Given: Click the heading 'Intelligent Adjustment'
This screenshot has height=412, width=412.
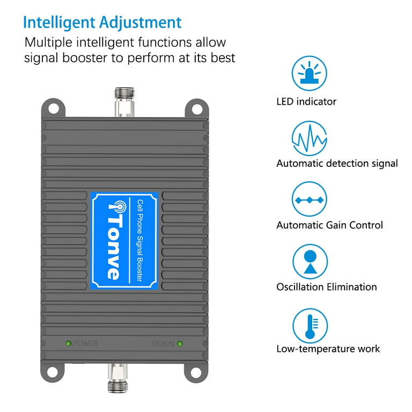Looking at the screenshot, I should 102,23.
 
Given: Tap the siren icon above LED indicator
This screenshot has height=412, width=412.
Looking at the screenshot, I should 310,73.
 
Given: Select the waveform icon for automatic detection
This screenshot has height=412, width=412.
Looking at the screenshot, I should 310,138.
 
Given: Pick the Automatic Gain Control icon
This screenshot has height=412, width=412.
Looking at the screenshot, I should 310,200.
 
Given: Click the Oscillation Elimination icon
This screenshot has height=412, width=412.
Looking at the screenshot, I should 310,261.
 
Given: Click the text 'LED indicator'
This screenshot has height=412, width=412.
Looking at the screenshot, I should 306,101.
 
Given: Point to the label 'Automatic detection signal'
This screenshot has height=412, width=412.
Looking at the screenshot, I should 337,164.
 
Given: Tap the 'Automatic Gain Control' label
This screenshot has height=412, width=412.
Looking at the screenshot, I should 329,225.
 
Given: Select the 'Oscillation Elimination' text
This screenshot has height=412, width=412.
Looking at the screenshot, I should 326,287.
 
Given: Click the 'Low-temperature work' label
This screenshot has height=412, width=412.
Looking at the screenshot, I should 328,349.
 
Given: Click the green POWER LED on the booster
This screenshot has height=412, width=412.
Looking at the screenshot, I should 68,343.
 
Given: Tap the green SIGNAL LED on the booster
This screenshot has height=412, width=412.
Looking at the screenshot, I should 179,343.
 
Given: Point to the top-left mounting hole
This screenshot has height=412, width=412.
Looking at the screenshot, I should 54,108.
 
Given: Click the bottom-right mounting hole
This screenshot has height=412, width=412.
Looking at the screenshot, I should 197,372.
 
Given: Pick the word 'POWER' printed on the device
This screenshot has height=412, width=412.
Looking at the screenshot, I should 85,343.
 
